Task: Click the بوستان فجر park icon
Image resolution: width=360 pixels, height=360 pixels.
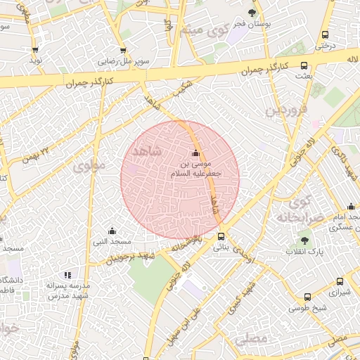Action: point(252,13)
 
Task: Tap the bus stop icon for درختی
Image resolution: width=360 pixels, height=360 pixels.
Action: point(325,34)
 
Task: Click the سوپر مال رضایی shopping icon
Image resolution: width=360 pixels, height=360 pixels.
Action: point(124,51)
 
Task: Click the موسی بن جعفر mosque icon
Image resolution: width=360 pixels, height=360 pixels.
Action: point(195,154)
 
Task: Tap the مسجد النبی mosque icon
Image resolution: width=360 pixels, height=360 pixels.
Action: point(112,231)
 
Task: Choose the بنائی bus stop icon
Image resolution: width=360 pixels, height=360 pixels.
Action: point(221,236)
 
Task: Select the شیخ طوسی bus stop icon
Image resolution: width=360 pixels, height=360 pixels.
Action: point(307,297)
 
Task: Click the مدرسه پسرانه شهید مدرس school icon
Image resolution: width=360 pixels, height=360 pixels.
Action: point(67,275)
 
